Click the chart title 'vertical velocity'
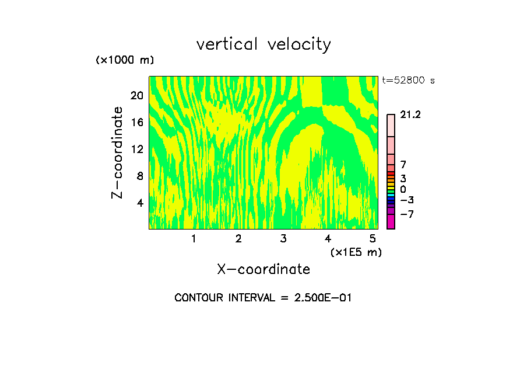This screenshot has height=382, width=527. pos(263,44)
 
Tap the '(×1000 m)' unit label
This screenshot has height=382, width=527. pos(125,60)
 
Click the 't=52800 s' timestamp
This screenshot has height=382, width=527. pos(408,81)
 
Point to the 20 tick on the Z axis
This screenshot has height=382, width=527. pos(136,96)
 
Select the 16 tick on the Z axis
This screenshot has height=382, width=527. pos(136,123)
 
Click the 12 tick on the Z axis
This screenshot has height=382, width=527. pos(136,150)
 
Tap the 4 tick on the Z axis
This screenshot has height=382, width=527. pos(140,203)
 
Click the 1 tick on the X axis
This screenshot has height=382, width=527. pos(194,239)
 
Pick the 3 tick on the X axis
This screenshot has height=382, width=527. pos(283,239)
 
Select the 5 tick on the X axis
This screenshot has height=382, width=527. pos(373,239)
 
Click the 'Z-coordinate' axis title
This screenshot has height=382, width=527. pos(118,152)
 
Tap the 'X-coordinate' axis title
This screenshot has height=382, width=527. pos(263,269)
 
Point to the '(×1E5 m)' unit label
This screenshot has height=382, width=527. pos(356,252)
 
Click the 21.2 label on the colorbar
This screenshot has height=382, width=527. pos(411,115)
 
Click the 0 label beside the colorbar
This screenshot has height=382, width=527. pos(403,190)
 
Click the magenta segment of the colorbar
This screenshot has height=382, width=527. pos(391,222)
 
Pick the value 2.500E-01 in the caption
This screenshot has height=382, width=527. pos(319,298)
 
